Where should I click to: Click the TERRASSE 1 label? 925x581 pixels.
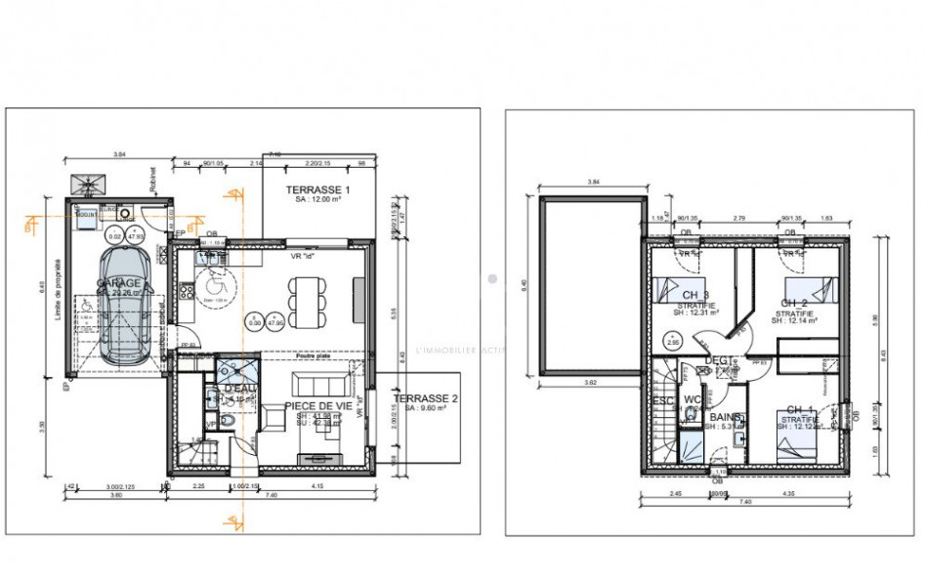click(316, 188)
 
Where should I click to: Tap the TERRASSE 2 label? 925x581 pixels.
click(427, 399)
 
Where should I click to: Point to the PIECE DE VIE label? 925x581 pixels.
click(318, 405)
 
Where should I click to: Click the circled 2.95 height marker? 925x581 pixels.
click(673, 342)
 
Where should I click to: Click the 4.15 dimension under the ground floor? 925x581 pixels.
click(318, 486)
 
